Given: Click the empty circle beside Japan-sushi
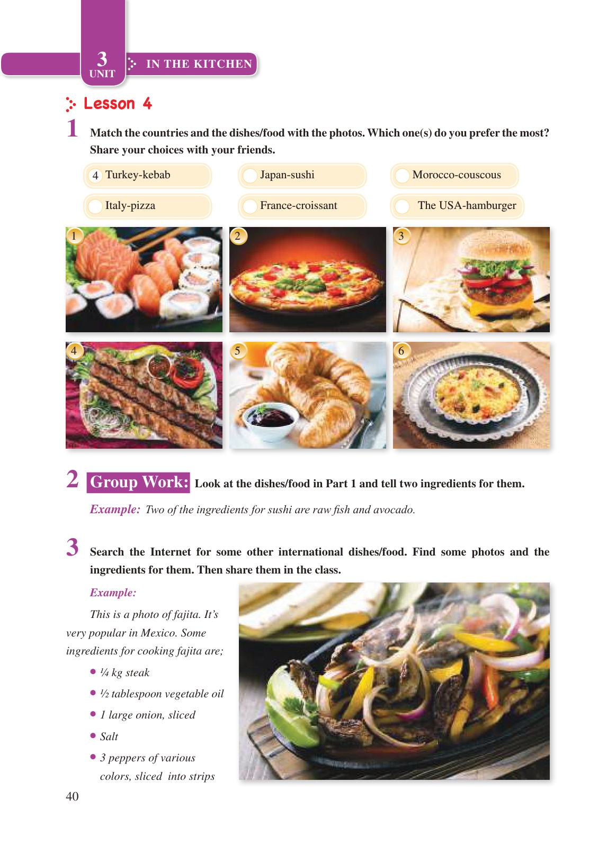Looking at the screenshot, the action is point(250,176).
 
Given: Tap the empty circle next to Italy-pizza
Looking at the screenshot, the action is point(95,206).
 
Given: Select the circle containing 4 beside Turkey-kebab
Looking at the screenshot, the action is point(95,176).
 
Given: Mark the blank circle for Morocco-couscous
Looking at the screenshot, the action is point(402,176).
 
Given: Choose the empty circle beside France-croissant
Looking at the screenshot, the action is point(250,206).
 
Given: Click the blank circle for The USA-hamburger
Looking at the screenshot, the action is point(402,206).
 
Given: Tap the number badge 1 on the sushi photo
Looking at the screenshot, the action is point(74,236).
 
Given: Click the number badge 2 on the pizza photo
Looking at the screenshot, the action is point(238,236).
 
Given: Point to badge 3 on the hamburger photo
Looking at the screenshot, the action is point(401,236).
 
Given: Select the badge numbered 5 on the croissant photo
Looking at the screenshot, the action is point(238,351).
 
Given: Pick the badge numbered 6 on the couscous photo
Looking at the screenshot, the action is point(401,351).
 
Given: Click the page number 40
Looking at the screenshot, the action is point(72,796).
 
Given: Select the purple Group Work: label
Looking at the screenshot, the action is point(138,483).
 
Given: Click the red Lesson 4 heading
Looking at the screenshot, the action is point(118,104).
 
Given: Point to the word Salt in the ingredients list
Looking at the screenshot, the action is point(109,736).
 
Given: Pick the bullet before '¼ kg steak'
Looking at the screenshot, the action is point(93,671).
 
